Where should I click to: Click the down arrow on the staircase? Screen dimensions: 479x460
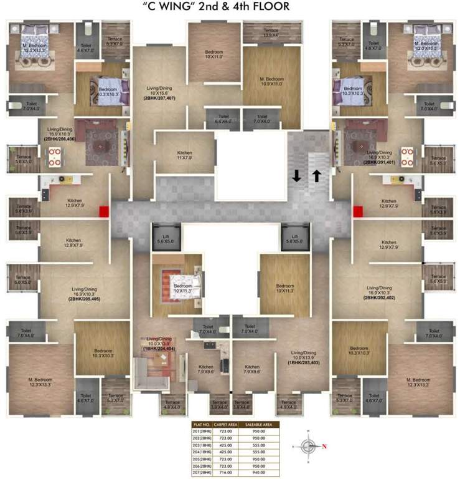[x=296, y=176]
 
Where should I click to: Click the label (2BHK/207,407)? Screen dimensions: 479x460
[x=161, y=99]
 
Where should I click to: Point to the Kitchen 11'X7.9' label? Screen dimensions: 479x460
[x=184, y=155]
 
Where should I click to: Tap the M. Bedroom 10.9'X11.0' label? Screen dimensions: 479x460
[x=271, y=82]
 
